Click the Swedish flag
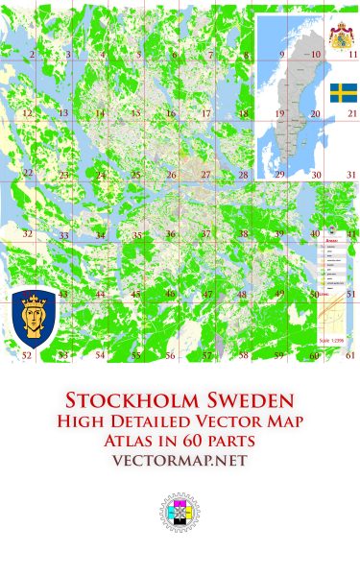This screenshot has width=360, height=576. (345, 92)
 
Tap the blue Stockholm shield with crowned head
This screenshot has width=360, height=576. (32, 316)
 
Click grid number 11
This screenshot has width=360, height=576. (351, 56)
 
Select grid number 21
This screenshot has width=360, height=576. (351, 113)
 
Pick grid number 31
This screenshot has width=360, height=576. (351, 175)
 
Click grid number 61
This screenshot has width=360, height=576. (351, 355)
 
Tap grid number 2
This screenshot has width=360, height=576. (32, 56)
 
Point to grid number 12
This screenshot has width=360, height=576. (27, 113)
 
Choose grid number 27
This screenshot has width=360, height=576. (206, 175)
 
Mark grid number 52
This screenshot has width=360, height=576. (27, 355)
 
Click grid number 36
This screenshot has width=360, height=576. (170, 234)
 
